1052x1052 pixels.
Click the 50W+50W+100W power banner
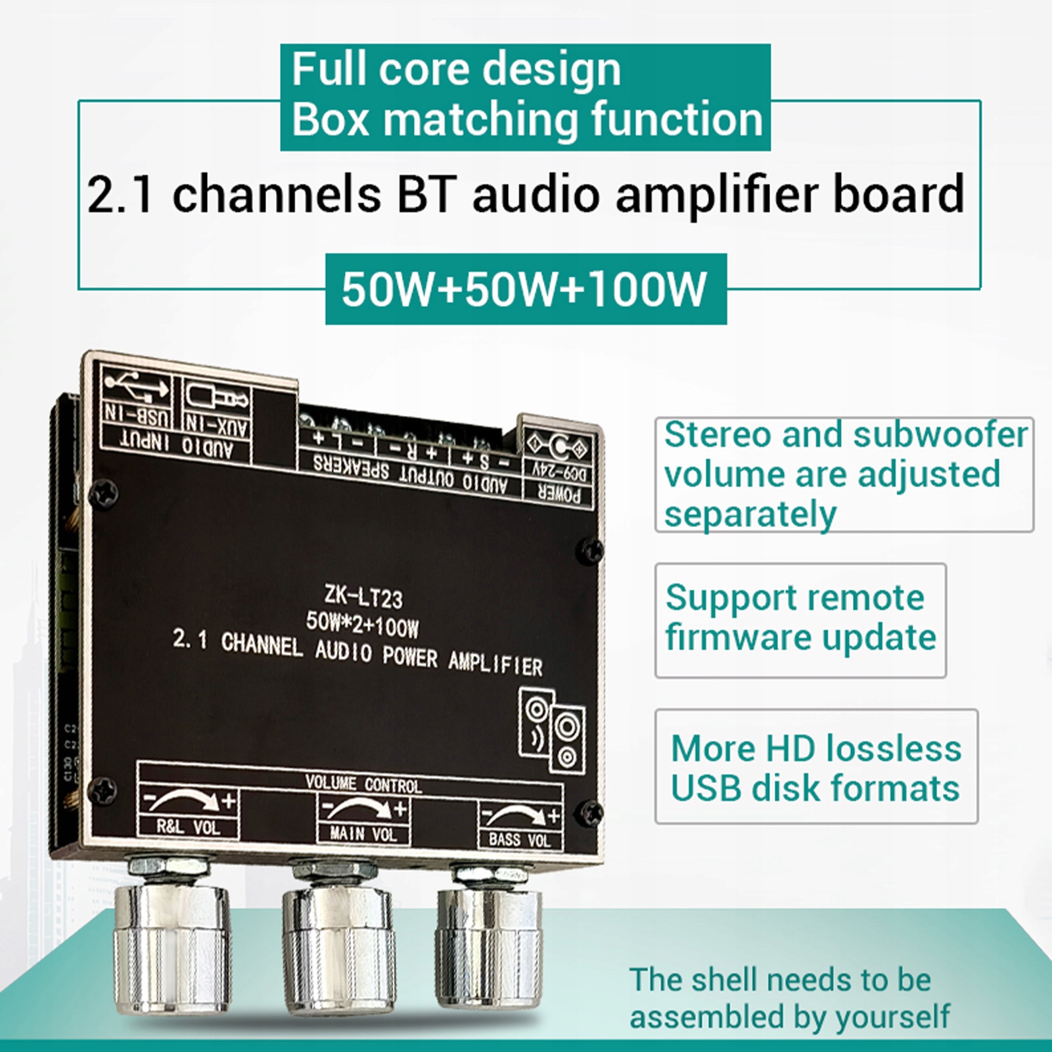point(525,289)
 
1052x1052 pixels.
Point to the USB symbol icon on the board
point(137,388)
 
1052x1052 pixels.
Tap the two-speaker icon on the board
point(552,729)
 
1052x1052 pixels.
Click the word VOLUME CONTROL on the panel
point(363,784)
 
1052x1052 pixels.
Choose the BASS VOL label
point(519,839)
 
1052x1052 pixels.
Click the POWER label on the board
point(559,494)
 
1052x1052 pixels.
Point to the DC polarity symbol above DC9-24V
point(559,447)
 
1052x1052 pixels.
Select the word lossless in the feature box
point(893,748)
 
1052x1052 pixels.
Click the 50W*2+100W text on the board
point(362,624)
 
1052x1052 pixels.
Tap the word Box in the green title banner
point(331,120)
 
